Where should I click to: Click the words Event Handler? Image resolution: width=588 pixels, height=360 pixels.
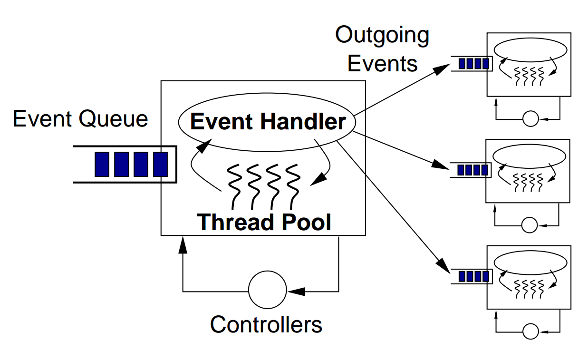tap(268, 122)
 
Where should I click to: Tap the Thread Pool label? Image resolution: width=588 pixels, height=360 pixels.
tap(264, 222)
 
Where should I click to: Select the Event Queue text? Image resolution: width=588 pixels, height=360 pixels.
tap(80, 118)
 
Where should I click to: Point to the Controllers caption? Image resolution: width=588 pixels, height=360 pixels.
tap(266, 324)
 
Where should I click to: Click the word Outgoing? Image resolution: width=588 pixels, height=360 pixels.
tap(382, 36)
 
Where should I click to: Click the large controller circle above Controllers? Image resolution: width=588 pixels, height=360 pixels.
tap(268, 290)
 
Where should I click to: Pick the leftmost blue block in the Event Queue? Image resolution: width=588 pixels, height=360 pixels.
tap(101, 164)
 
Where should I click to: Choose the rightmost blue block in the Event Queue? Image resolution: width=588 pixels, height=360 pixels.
tap(160, 164)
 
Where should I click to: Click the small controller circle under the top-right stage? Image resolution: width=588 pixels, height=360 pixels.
tap(530, 118)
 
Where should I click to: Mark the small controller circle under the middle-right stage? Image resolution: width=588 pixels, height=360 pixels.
tap(529, 224)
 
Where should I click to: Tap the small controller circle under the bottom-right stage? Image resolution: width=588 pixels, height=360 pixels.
tap(530, 331)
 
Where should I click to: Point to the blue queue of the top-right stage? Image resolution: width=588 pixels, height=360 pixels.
tap(474, 64)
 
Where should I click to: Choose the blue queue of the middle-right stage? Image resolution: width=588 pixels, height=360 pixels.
tap(472, 170)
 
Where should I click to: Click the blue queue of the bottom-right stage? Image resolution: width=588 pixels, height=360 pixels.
tap(473, 276)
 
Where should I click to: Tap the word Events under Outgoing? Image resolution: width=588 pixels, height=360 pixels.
tap(382, 63)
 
